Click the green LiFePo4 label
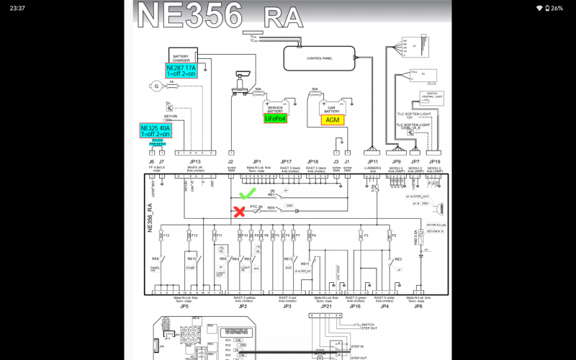(276, 119)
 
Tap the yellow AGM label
(333, 120)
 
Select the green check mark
(248, 194)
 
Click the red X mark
(239, 212)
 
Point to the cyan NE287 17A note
(181, 71)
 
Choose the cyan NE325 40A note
(155, 130)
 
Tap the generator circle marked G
(156, 86)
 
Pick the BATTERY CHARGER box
(181, 56)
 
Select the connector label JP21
(326, 305)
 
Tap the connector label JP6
(418, 305)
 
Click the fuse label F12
(166, 235)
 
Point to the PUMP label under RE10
(192, 267)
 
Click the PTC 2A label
(257, 207)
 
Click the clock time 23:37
(19, 8)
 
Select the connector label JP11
(372, 162)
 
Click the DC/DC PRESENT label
(158, 143)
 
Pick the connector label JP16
(355, 305)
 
